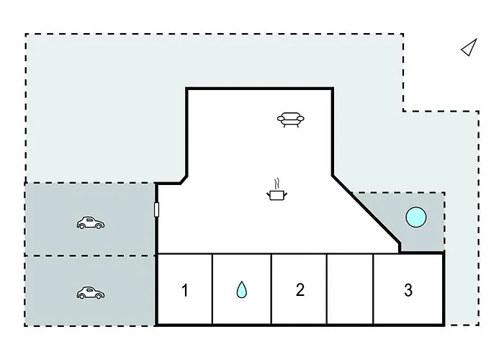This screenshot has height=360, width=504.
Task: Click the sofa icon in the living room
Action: [x=291, y=120]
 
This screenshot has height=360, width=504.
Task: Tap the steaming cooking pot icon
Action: [x=276, y=189]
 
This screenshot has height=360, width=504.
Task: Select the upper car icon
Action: [x=91, y=222]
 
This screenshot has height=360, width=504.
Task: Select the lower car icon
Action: [x=91, y=293]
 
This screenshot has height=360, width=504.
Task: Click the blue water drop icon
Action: [x=242, y=289]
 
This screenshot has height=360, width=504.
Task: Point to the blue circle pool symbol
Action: [x=416, y=217]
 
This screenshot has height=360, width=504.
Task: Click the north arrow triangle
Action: [x=469, y=48]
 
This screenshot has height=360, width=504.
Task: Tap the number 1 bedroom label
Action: [x=184, y=290]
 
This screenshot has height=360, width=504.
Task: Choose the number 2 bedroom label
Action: [x=300, y=289]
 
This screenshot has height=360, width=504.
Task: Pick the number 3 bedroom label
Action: [x=408, y=290]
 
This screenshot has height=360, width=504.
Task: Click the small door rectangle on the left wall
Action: [x=156, y=210]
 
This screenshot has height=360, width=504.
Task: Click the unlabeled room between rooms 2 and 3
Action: [x=350, y=289]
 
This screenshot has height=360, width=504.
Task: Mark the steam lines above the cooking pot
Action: [x=276, y=184]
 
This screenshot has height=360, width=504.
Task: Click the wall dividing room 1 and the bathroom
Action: [x=212, y=289]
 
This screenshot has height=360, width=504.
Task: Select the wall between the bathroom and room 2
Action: [x=271, y=289]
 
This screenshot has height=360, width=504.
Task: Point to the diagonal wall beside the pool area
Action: [x=366, y=210]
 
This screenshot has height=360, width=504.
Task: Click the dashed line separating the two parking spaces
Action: [x=90, y=256]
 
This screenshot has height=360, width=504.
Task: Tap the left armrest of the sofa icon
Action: [x=281, y=120]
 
